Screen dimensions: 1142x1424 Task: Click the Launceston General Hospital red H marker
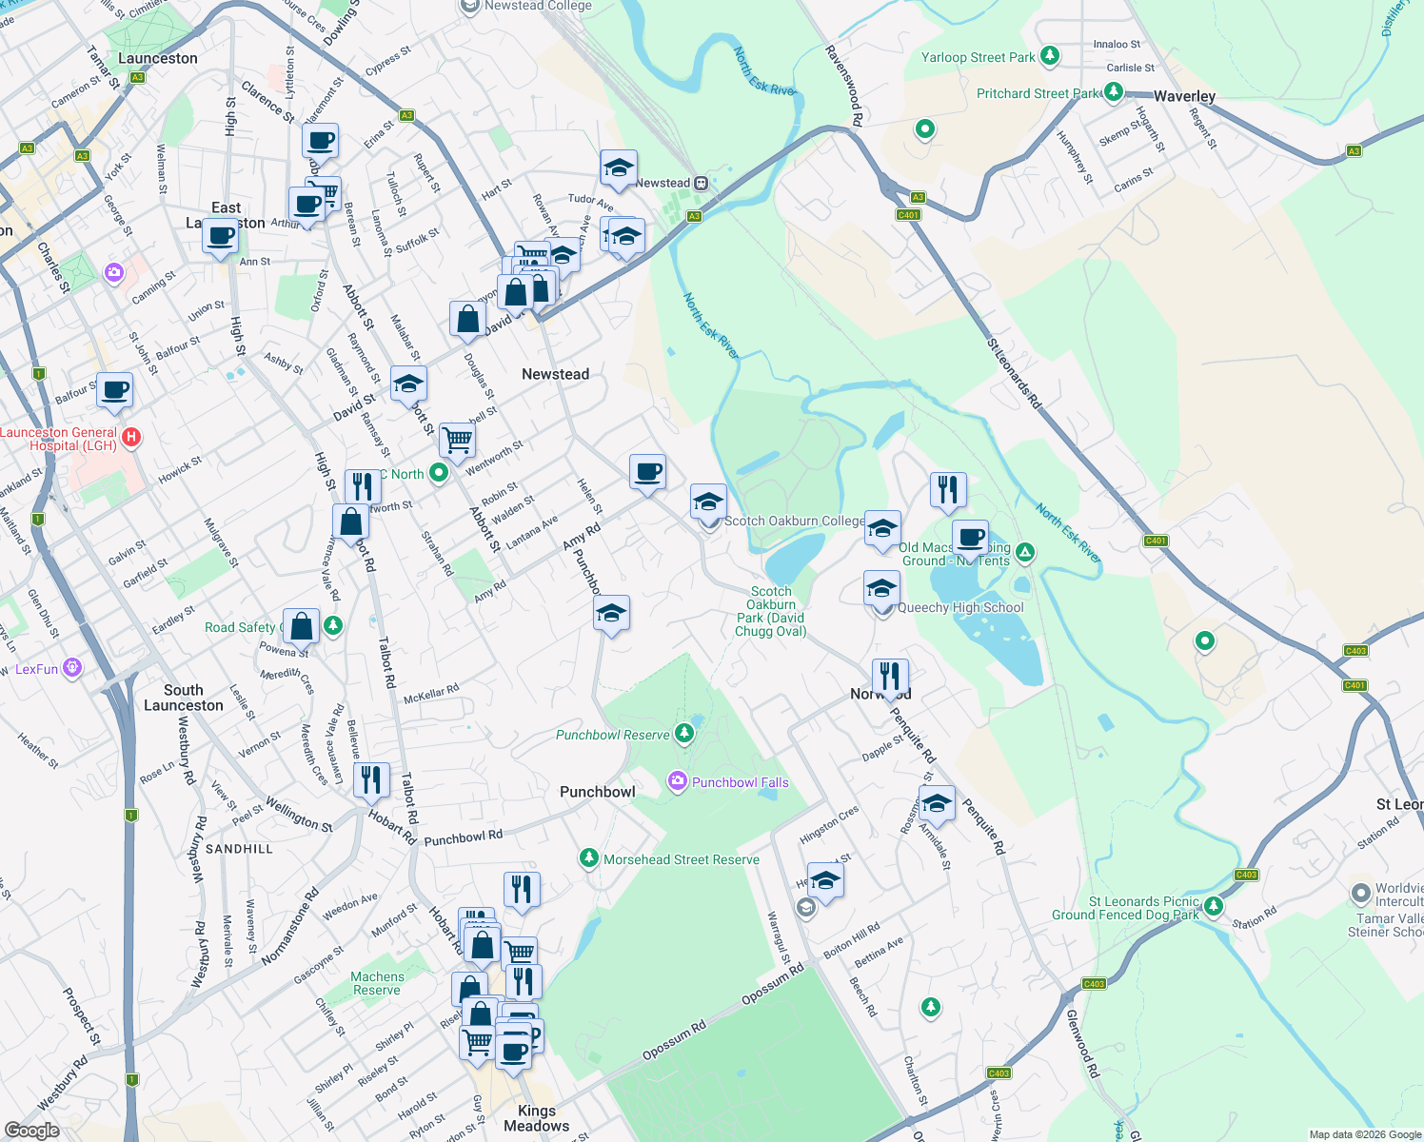click(x=132, y=437)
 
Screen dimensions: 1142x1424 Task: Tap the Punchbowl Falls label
click(x=740, y=782)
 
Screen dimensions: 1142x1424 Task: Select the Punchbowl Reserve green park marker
click(x=683, y=733)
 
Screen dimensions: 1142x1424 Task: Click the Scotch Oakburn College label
click(x=794, y=521)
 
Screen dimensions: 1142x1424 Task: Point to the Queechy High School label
click(x=960, y=607)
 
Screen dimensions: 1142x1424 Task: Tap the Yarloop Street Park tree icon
click(x=1050, y=56)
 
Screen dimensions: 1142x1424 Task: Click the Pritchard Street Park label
click(x=1038, y=93)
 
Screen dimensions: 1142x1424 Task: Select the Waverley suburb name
click(x=1184, y=96)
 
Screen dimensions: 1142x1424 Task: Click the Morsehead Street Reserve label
click(x=681, y=859)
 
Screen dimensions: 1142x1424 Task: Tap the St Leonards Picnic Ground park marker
click(x=1213, y=906)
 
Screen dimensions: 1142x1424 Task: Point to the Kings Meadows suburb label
click(x=537, y=1118)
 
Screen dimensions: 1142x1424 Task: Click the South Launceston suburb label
click(x=183, y=698)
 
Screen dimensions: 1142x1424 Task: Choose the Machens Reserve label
click(x=378, y=983)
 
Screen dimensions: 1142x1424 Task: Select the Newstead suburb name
click(x=555, y=374)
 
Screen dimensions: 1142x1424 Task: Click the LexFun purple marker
click(x=72, y=667)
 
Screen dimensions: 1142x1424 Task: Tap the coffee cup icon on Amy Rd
click(x=647, y=471)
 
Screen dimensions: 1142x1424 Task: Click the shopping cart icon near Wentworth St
click(x=457, y=439)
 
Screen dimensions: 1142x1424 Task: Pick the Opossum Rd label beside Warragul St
click(x=772, y=983)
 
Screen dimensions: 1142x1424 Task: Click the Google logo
click(x=31, y=1131)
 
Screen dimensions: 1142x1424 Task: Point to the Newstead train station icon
click(x=701, y=183)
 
